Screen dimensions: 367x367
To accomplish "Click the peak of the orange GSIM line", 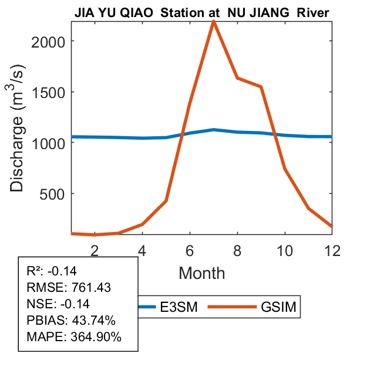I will [214, 22].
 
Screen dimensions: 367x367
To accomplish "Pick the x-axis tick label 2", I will [95, 250].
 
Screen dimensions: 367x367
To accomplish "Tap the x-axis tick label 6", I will [190, 250].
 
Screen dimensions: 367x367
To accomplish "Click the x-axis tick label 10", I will [285, 250].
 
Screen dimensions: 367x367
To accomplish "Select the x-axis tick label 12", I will [332, 250].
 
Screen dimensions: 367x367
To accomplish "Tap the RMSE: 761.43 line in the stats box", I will [69, 287].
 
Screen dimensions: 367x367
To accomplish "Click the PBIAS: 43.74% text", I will [71, 321].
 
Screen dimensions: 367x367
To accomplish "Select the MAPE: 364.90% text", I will [74, 337].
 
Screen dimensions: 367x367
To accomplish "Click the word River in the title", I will [313, 12].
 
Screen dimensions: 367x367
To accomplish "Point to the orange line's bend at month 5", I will [166, 201].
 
